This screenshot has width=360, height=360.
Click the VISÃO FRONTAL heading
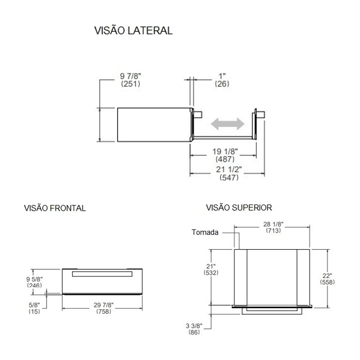(x=55, y=208)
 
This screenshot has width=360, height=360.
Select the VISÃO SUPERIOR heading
(x=239, y=208)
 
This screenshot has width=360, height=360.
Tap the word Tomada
(x=205, y=232)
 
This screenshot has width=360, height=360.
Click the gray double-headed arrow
(x=228, y=123)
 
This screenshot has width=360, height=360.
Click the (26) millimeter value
(x=221, y=84)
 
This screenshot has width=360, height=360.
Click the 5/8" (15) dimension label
(x=33, y=307)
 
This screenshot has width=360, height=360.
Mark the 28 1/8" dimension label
(x=273, y=224)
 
